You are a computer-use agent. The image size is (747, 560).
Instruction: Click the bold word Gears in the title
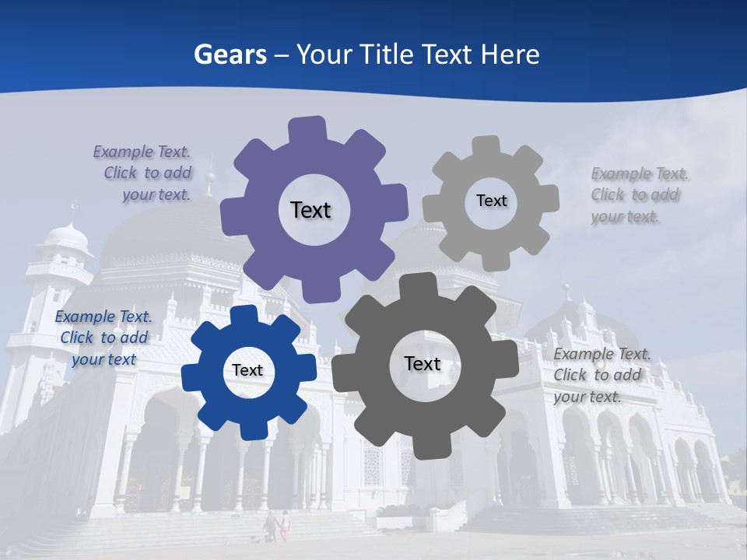[230, 54]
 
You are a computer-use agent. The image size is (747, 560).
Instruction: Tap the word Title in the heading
[387, 54]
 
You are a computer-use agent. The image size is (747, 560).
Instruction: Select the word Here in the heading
[510, 54]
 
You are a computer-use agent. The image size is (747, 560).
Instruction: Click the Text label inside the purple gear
[310, 210]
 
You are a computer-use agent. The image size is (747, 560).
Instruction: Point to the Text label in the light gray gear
[491, 201]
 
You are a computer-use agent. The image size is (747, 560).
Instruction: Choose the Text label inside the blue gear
[247, 371]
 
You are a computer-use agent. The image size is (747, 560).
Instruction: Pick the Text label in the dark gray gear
[423, 364]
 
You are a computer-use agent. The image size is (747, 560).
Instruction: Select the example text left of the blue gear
[103, 338]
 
